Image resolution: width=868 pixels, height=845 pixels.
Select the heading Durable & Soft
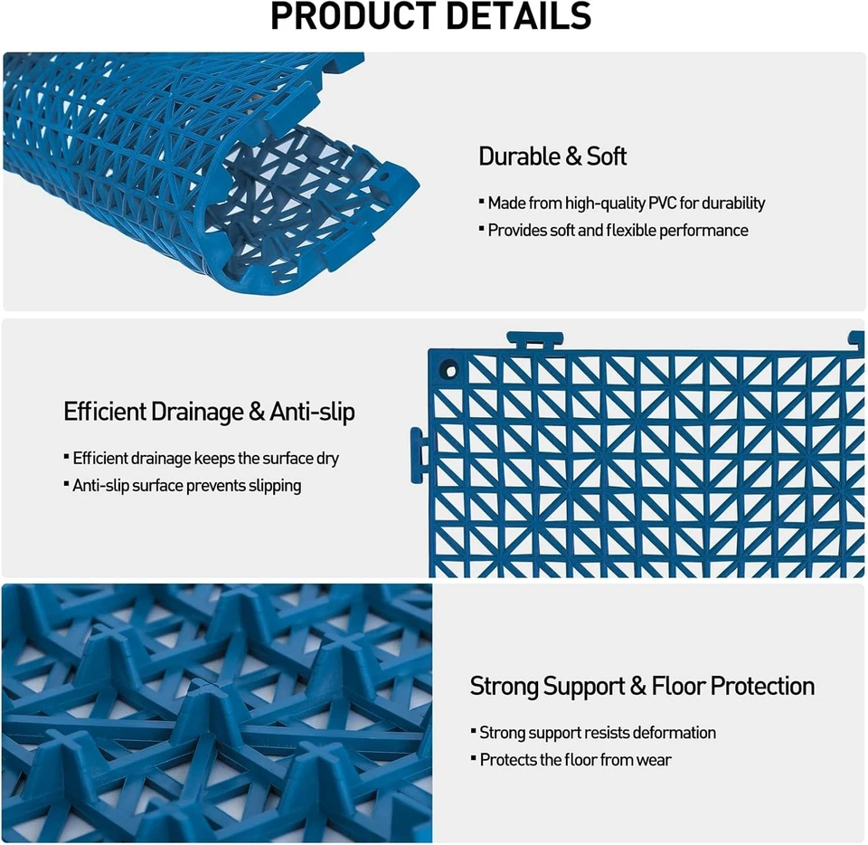tap(552, 157)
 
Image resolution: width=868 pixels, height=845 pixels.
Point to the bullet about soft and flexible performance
tap(618, 231)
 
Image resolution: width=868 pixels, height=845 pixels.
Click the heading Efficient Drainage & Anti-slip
tap(209, 413)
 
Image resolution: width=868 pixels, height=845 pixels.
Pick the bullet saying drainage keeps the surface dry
tap(205, 459)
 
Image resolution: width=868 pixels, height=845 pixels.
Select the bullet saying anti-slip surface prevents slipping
tap(186, 486)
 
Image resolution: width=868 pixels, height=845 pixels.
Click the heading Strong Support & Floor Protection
tap(642, 687)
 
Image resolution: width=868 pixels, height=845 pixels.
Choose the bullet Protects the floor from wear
tap(575, 760)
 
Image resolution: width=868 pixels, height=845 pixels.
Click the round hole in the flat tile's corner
tap(448, 370)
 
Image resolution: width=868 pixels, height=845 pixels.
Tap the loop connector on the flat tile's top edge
tap(535, 342)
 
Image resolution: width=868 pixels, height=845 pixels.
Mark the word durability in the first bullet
tap(733, 204)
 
